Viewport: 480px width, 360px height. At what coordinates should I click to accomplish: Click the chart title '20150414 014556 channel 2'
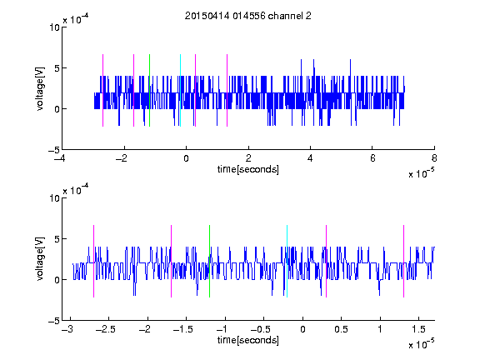(x=248, y=16)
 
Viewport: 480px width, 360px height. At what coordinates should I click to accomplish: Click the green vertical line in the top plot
(x=149, y=90)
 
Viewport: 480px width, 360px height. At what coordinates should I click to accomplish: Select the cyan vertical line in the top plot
(x=180, y=90)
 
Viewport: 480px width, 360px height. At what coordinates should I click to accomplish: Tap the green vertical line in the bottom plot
(x=209, y=261)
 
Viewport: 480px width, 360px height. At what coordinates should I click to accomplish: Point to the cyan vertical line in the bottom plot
(x=287, y=261)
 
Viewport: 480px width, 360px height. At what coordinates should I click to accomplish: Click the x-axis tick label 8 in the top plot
(x=434, y=158)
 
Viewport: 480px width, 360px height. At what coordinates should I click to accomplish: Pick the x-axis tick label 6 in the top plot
(x=372, y=158)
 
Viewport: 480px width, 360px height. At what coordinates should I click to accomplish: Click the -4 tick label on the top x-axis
(x=59, y=158)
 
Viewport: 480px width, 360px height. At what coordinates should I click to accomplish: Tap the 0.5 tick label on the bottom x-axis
(x=342, y=329)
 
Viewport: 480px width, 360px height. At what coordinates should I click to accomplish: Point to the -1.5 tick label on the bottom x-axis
(x=182, y=329)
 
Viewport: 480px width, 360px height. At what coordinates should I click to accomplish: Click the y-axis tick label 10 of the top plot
(x=55, y=27)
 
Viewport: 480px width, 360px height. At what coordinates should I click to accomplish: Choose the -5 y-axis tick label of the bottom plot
(x=54, y=321)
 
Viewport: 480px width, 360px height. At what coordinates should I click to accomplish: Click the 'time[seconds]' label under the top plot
(x=248, y=169)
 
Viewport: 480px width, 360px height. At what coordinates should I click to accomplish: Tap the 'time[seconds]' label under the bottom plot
(x=248, y=340)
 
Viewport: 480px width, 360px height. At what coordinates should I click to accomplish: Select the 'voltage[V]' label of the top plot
(x=40, y=88)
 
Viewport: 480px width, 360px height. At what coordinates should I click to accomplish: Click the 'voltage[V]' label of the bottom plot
(x=40, y=258)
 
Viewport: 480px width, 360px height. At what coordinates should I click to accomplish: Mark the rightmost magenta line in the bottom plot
(x=403, y=261)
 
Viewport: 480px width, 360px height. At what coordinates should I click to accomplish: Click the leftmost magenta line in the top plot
(x=102, y=90)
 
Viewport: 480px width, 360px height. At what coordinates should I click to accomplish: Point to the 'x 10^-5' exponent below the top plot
(x=421, y=173)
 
